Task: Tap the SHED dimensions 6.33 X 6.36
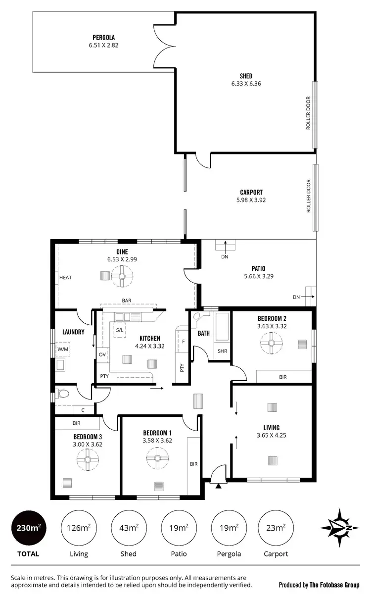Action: (x=246, y=84)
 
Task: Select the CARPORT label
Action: (x=251, y=193)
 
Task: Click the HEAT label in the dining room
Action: (x=66, y=278)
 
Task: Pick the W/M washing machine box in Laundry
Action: (x=63, y=349)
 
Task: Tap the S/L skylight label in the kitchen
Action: (x=120, y=330)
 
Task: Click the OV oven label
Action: (x=102, y=354)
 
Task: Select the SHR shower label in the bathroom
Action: (x=222, y=351)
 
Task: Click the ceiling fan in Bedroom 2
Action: (x=272, y=343)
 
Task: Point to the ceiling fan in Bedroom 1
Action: (x=158, y=459)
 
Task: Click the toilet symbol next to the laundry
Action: (x=62, y=395)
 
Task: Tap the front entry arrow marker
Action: (x=218, y=487)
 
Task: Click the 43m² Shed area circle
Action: (x=129, y=528)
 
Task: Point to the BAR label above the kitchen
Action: (x=127, y=300)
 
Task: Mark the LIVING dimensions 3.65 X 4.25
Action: (x=272, y=436)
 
